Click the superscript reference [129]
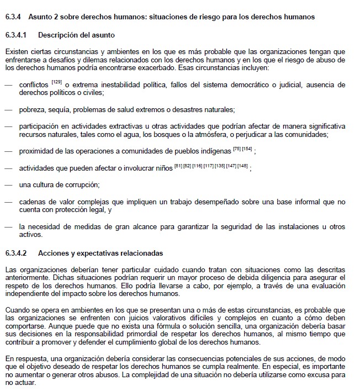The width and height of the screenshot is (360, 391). coord(56,82)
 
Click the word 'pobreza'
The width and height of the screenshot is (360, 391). coord(31,109)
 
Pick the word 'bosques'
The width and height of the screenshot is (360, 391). coord(194,134)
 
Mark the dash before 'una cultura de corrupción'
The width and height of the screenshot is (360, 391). coord(8,184)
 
